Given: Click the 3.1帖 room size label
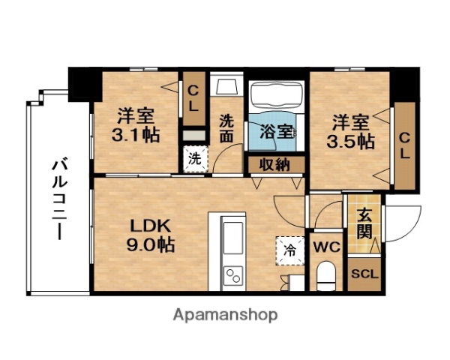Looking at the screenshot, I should point(136,136).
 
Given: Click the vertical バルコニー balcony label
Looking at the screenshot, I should point(58,197).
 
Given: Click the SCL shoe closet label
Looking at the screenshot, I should point(365,273).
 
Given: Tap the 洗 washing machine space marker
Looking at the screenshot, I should point(194,159).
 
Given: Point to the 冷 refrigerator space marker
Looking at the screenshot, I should point(289,249).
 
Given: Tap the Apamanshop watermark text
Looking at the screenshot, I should point(226,314).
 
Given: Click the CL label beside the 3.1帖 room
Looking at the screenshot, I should point(193,98).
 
